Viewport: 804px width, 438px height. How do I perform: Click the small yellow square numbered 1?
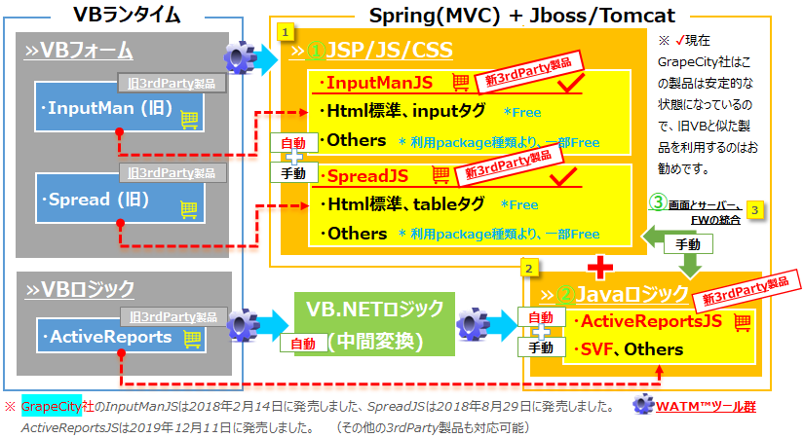click(285, 31)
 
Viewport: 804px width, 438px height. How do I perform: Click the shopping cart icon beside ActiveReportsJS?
click(742, 321)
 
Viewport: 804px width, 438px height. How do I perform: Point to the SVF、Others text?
click(628, 348)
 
